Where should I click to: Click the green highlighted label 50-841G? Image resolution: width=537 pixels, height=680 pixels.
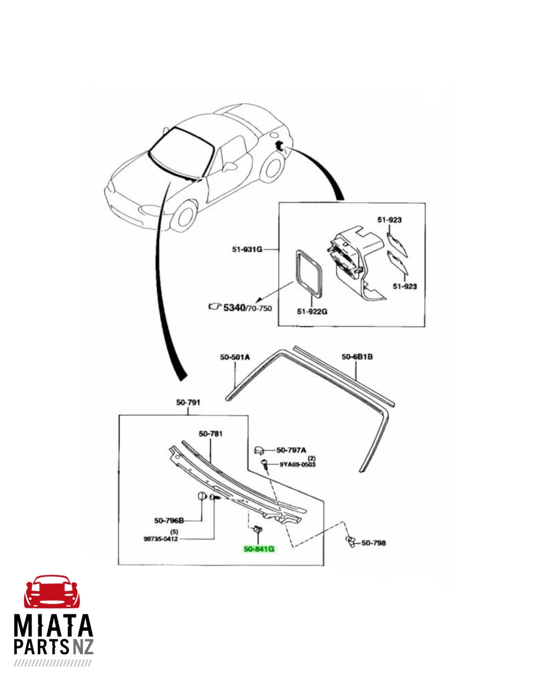coord(259,549)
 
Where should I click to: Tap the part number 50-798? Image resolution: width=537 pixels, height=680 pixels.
coord(373,543)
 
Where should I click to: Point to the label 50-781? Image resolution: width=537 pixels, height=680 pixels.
coord(210,434)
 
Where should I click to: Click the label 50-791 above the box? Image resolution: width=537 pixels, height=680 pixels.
coord(188,402)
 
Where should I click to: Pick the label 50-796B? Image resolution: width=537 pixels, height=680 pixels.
coord(169,521)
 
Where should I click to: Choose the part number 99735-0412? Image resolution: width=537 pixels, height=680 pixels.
coord(161,539)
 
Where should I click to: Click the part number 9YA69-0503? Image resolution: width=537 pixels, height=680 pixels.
coord(297,465)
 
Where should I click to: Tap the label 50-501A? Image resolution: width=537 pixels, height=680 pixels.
coord(235,357)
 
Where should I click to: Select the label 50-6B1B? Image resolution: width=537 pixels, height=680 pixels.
coord(357,357)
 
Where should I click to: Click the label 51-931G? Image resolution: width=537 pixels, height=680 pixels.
coord(247,249)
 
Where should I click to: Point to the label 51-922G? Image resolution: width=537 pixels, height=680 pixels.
coord(312,311)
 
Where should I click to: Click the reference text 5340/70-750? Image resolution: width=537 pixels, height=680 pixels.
coord(247,308)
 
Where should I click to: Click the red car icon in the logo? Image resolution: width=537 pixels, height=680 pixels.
coord(52,592)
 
